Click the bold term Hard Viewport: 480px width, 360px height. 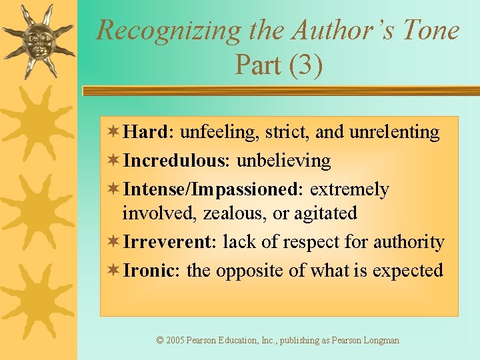[146, 132]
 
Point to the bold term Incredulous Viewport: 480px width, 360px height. [172, 161]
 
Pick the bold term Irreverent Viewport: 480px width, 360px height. [167, 242]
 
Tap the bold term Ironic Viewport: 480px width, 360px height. [149, 271]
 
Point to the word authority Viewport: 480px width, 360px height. [411, 242]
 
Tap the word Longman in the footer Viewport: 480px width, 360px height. [382, 341]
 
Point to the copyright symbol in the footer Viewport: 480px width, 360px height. [160, 341]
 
